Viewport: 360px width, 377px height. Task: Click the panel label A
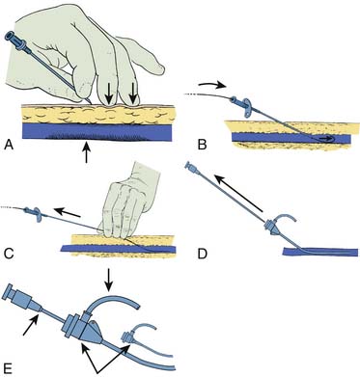click(x=9, y=146)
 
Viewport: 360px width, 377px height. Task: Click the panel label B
click(x=202, y=146)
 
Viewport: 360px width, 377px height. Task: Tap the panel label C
click(x=9, y=254)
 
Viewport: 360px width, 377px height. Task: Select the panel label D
click(x=203, y=254)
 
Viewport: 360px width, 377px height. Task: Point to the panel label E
click(x=9, y=367)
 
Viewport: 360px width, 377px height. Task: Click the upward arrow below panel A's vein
click(x=86, y=152)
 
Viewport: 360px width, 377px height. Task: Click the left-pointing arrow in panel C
click(x=68, y=212)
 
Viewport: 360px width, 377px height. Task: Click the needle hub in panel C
click(x=33, y=212)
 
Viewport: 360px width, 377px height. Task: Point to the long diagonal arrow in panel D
click(x=239, y=193)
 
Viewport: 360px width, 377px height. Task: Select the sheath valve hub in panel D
click(x=273, y=229)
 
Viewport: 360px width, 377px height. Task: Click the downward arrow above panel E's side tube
click(x=109, y=279)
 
